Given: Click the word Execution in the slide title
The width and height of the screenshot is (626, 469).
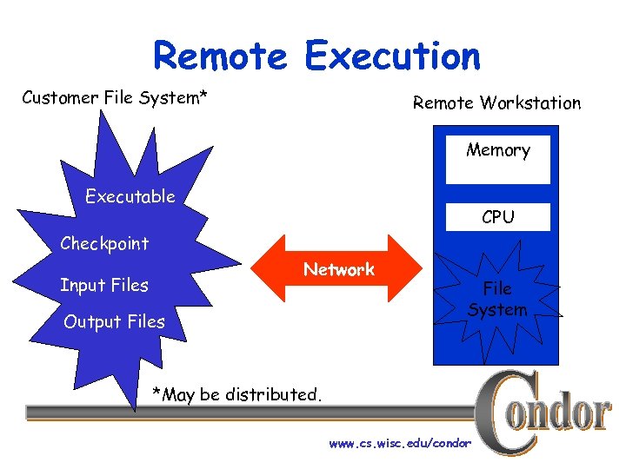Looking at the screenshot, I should (392, 56).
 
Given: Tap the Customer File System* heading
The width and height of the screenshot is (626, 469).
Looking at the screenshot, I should (115, 97).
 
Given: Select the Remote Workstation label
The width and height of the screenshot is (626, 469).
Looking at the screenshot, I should (496, 102).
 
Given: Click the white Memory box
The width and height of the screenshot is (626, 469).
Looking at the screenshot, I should (498, 158).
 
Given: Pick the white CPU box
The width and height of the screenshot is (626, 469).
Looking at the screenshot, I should (498, 217).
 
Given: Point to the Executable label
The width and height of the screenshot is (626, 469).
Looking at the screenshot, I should (130, 196).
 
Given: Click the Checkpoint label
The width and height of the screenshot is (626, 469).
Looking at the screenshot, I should (104, 243).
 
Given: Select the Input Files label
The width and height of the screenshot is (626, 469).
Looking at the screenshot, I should (104, 285).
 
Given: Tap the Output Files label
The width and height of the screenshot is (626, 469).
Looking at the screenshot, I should (114, 321).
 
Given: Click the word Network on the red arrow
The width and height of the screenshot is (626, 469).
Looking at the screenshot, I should (339, 270).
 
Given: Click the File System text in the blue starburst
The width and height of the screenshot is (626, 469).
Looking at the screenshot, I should (497, 299).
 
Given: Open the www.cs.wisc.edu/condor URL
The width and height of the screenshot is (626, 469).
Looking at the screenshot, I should (400, 444).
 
